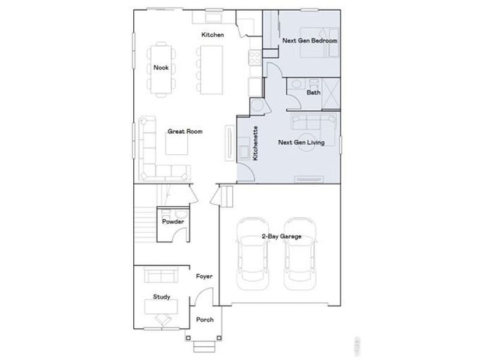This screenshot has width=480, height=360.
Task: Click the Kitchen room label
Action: tap(212, 35)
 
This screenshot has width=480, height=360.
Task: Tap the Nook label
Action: tap(160, 67)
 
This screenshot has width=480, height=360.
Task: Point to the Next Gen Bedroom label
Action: tap(309, 41)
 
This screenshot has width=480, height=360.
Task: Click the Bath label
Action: tap(313, 93)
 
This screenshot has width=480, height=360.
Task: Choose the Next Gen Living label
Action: tap(302, 143)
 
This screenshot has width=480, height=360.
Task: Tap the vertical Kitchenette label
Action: tap(256, 143)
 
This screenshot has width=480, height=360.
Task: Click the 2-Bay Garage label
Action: tap(280, 236)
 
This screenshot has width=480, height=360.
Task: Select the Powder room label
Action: tap(173, 221)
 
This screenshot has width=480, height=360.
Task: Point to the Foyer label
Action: tap(205, 277)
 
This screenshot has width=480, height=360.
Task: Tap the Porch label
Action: tap(205, 319)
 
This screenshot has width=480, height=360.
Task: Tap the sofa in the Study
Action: tap(161, 276)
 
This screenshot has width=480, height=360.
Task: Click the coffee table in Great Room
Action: tap(176, 143)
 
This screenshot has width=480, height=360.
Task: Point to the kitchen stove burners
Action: tap(254, 58)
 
